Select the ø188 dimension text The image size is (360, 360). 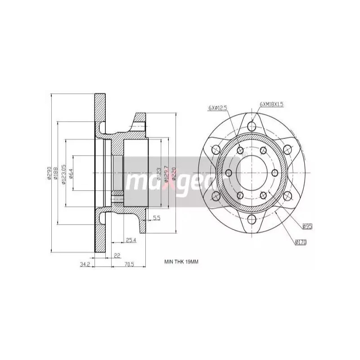pos(56,173)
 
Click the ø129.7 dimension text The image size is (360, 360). pos(166,173)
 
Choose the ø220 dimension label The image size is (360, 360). pos(173,173)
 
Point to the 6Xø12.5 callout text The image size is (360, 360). pos(218,108)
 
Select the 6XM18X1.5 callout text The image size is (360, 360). pos(272,104)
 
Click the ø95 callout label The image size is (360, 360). pos(307,226)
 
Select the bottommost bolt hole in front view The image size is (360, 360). pos(252,219)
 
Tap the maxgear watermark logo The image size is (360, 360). pos(173,176)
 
